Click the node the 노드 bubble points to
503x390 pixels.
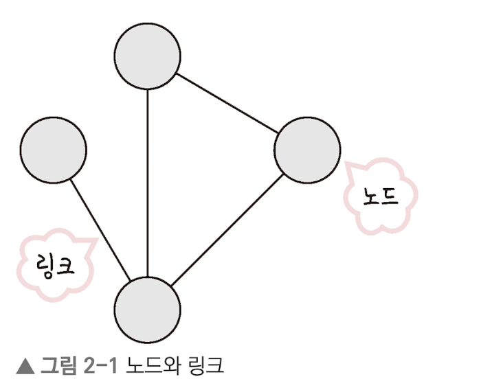pos(307,150)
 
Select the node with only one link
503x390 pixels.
pos(54,150)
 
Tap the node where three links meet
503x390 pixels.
pos(148,308)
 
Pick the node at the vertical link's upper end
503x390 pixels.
pos(148,56)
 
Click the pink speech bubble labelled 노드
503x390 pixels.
pos(381,196)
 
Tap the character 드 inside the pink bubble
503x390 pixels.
pos(390,196)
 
